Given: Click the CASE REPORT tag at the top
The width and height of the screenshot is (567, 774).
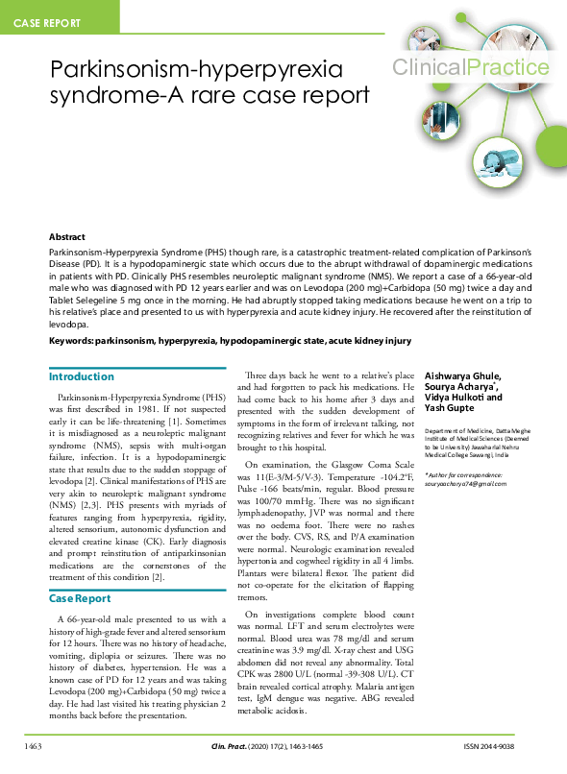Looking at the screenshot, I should (48, 21).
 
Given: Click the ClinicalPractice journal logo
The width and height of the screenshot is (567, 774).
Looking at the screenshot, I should (470, 67).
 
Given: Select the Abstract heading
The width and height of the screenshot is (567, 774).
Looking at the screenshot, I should (67, 236).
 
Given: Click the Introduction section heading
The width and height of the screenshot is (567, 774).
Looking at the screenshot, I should (82, 376).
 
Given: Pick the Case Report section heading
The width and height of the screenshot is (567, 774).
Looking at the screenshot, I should (80, 572).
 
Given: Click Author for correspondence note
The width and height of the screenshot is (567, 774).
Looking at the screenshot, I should (464, 474).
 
